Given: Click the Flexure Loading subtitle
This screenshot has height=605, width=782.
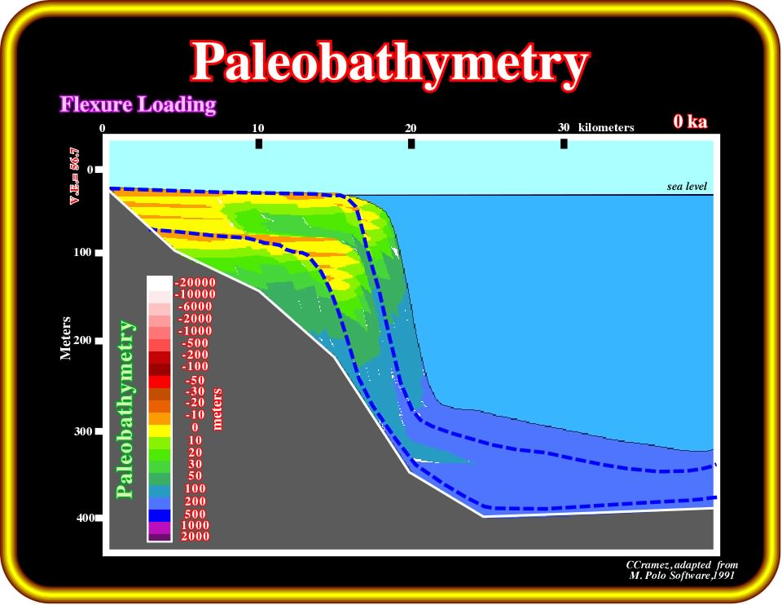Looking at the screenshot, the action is (x=138, y=105).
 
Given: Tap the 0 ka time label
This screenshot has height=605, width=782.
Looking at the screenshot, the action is (x=690, y=121).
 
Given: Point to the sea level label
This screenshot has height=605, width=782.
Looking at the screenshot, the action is (x=687, y=186).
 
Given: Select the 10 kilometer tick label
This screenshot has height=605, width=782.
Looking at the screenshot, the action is (x=258, y=128).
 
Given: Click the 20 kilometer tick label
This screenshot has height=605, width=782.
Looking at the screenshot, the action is (x=411, y=128).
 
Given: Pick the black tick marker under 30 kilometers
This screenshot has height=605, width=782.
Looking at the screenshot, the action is (x=564, y=144).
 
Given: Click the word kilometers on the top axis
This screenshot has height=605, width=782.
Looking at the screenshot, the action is (x=606, y=127).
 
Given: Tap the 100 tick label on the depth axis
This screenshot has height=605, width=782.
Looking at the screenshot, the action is (x=82, y=252).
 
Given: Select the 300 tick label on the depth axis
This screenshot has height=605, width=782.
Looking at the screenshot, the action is (x=83, y=431).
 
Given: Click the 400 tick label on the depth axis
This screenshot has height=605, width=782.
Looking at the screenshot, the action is (x=86, y=518).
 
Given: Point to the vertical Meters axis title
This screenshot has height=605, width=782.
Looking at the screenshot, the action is (x=65, y=338).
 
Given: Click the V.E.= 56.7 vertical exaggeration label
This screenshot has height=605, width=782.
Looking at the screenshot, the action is (x=74, y=175).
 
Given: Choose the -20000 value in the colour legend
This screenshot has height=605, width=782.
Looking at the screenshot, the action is (x=195, y=283).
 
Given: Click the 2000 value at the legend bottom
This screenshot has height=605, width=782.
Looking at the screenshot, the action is (x=195, y=537).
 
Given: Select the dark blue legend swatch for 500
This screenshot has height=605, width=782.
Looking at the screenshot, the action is (x=160, y=515).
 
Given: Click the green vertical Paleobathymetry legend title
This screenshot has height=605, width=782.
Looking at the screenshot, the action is (x=125, y=409).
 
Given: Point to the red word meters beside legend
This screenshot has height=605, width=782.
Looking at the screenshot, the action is (x=217, y=409).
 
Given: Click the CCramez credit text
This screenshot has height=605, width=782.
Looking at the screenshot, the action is (x=682, y=570).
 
